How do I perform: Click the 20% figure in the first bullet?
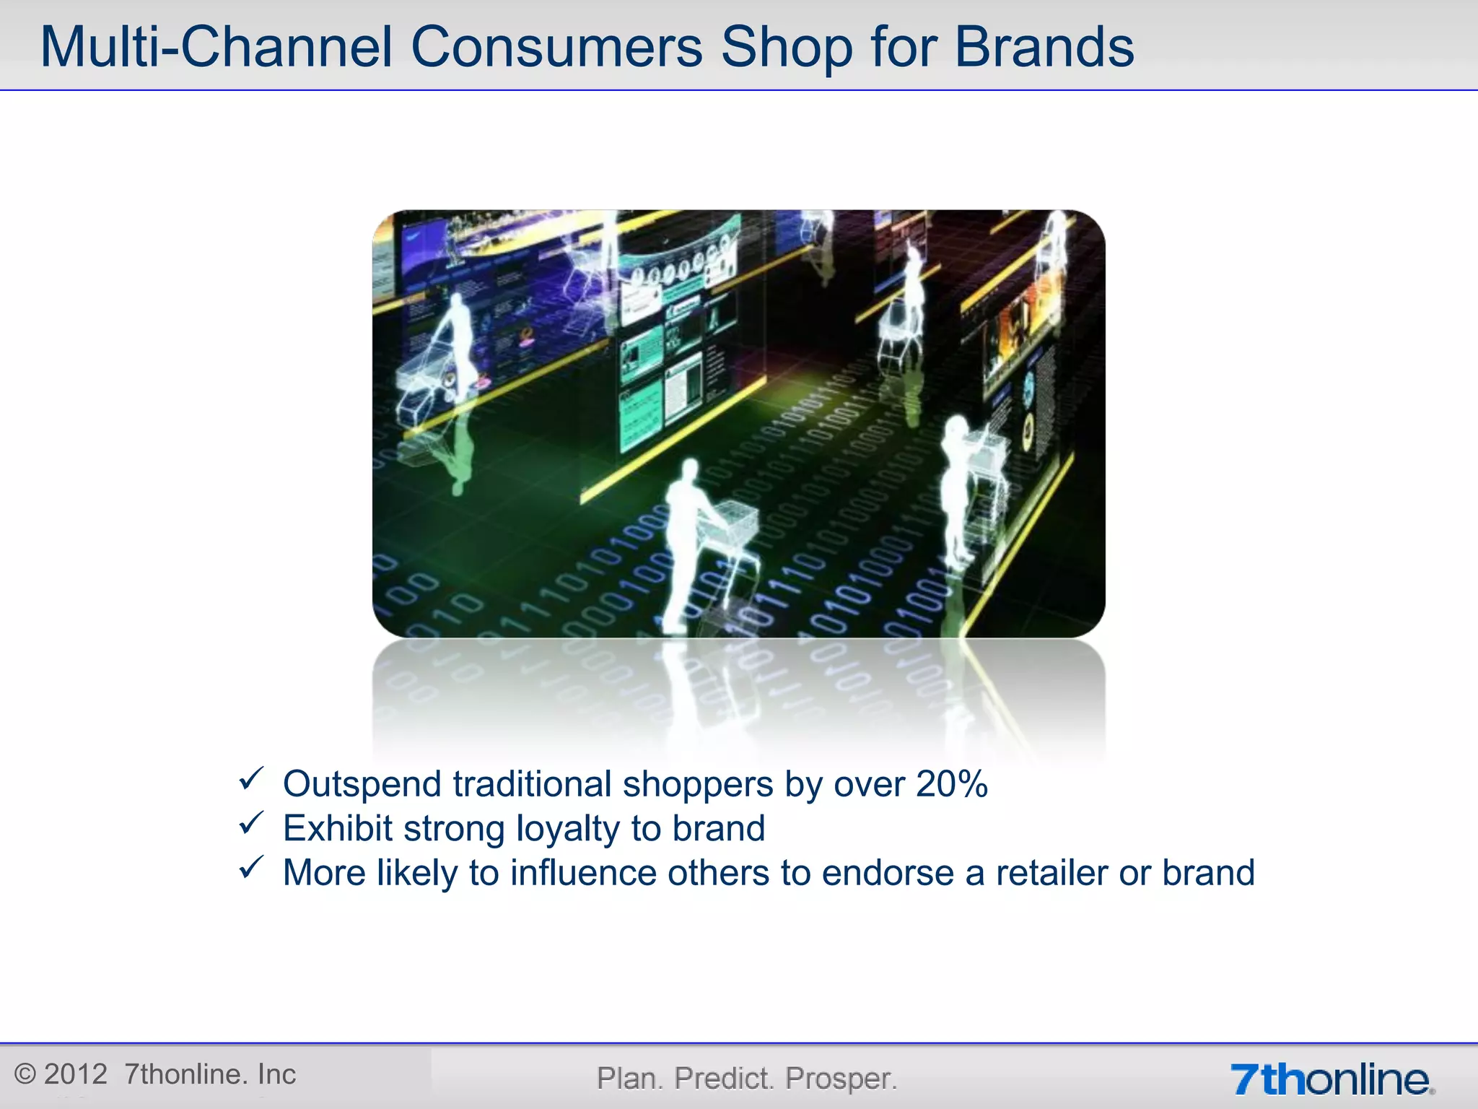coord(951,784)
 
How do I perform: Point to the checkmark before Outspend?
coord(251,779)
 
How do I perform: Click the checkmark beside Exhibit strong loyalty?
coord(251,823)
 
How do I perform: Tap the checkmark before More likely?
coord(251,867)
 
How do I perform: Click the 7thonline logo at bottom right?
coord(1331,1079)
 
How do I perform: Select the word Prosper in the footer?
coord(841,1079)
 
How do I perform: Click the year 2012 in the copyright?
coord(76,1074)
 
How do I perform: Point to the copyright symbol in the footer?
coord(25,1074)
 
